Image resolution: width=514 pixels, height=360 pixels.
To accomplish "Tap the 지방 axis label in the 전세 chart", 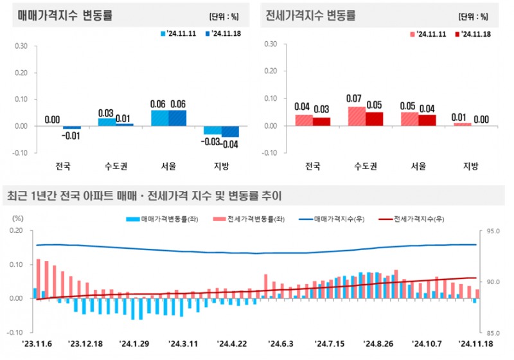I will [471, 166].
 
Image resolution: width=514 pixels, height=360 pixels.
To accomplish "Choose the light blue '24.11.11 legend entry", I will [179, 33].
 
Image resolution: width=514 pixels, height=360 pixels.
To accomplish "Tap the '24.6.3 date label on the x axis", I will [279, 344].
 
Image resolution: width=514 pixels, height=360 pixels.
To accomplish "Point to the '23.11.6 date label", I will [35, 344].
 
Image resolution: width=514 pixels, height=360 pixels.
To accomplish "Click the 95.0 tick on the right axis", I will [493, 230].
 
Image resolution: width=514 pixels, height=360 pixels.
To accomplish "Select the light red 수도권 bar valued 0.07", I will [357, 116].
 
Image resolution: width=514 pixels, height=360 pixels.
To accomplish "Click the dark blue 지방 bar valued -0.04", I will [230, 131].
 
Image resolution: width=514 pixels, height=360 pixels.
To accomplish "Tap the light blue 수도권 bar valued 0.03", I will [107, 122].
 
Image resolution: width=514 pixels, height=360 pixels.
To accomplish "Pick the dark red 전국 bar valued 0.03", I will [321, 122].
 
